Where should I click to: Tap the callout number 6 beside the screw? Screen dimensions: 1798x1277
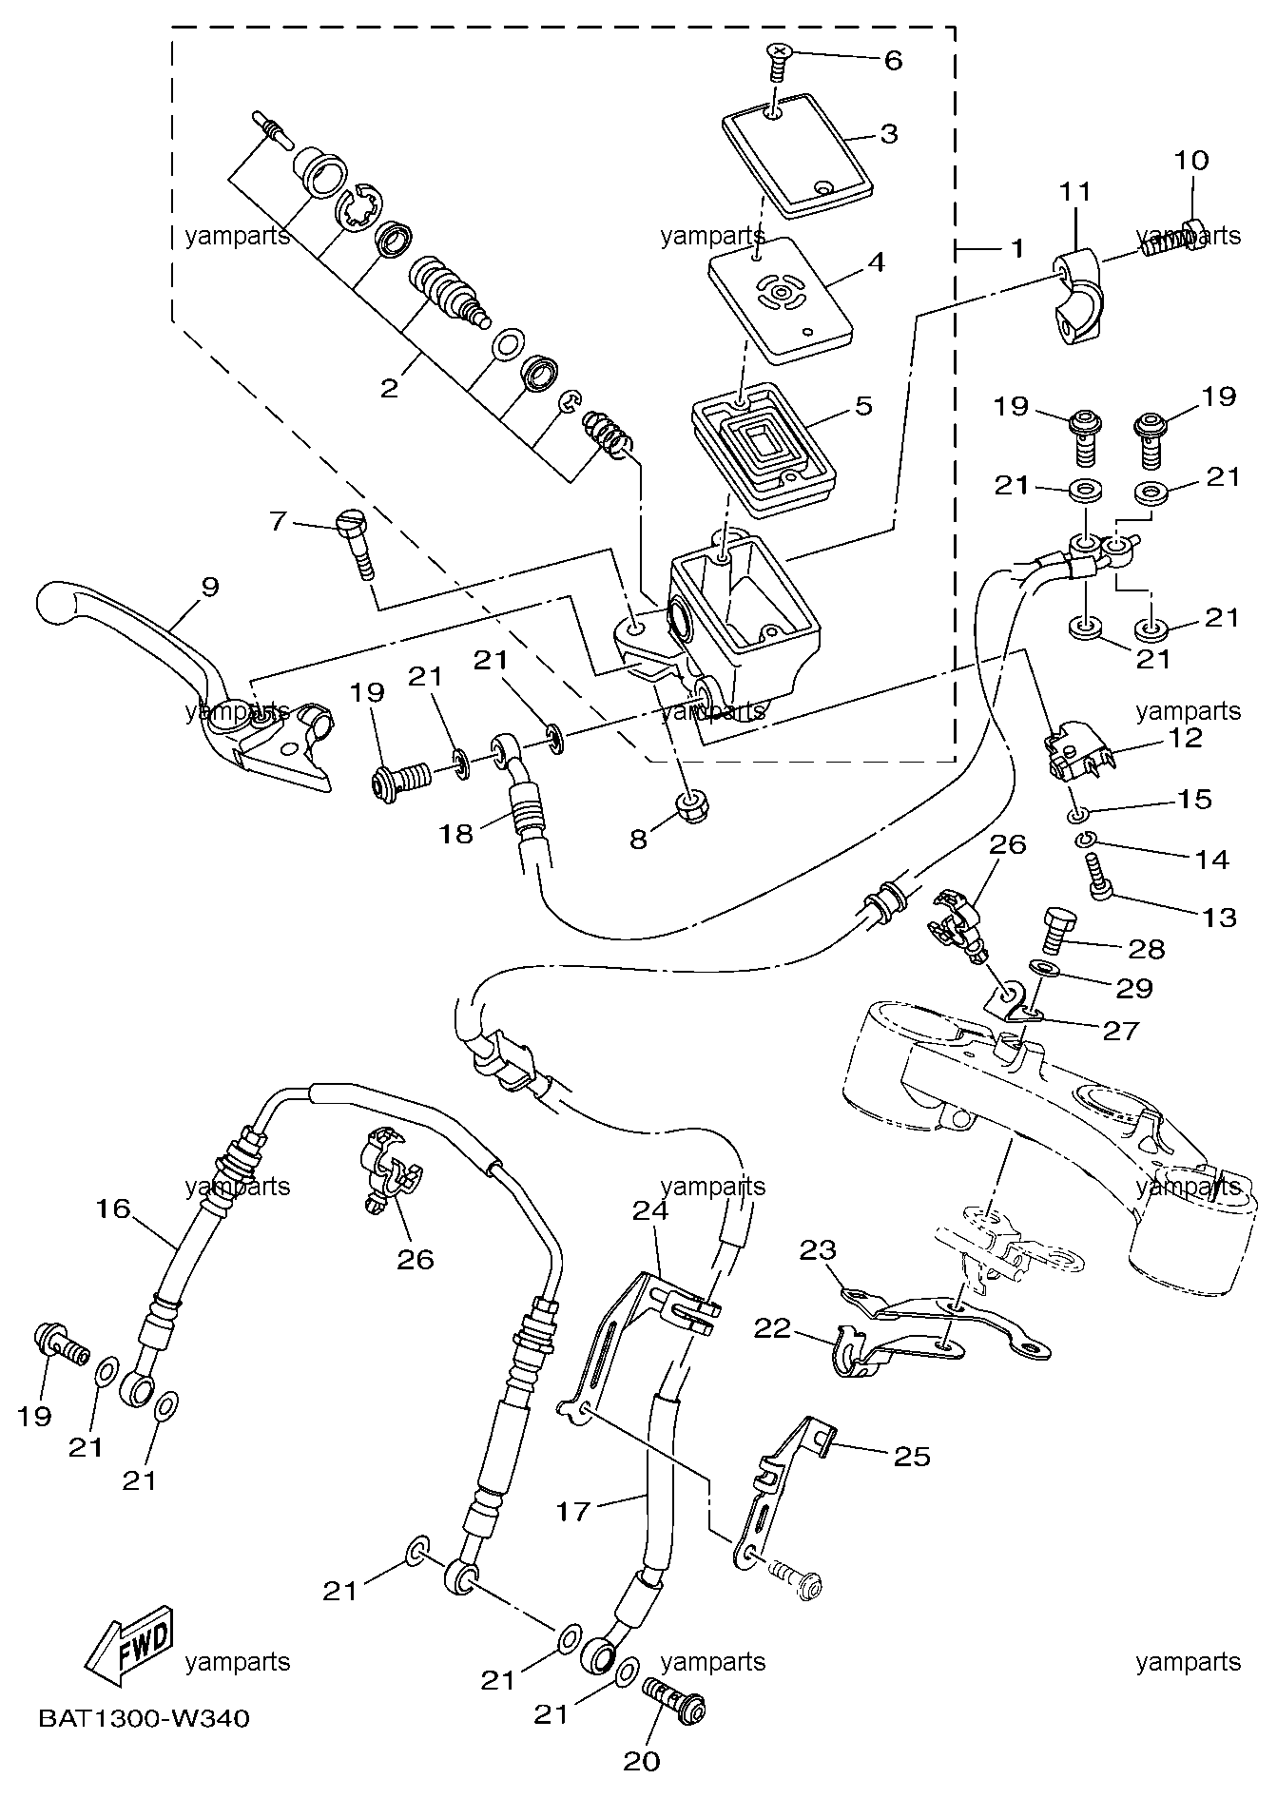point(893,60)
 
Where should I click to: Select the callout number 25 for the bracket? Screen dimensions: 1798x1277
point(912,1456)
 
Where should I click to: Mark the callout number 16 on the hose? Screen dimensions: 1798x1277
point(112,1208)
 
